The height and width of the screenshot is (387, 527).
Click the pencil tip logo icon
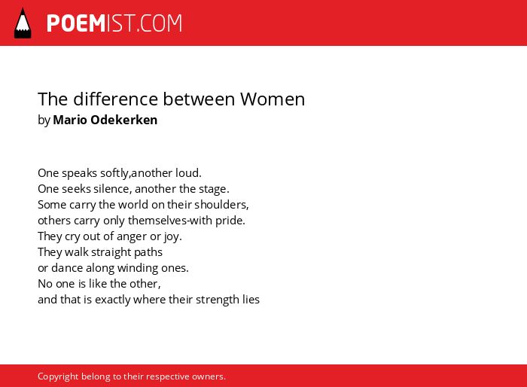[23, 23]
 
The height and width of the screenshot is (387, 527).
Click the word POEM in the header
[76, 23]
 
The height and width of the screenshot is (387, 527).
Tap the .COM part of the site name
[159, 23]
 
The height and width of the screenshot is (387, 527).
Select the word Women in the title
[273, 99]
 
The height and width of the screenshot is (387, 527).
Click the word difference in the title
[116, 99]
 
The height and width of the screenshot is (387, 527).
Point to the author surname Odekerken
[124, 120]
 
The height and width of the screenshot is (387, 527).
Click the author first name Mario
[70, 120]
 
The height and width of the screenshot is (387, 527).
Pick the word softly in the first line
[114, 173]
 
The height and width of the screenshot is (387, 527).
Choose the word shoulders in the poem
[221, 205]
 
